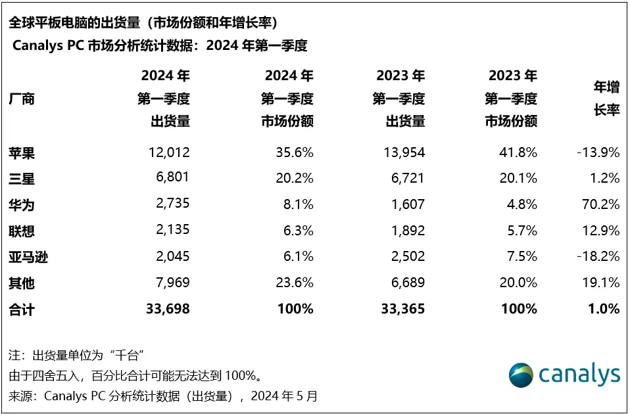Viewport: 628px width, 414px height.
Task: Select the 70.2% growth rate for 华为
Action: coord(598,204)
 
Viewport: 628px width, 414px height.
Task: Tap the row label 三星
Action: coord(22,179)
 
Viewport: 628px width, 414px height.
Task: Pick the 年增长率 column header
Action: coord(606,99)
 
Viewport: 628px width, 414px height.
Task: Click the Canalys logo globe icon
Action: coord(521,375)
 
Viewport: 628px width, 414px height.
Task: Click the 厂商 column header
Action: coord(22,99)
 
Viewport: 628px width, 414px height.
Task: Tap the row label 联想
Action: coord(22,231)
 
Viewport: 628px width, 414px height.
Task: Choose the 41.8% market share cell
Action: coord(516,152)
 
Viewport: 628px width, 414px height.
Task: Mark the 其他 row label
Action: coord(22,283)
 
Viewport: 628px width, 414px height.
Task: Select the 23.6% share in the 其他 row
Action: coord(293,283)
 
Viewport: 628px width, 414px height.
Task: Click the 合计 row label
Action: coord(22,308)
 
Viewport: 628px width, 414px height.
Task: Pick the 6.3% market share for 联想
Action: coord(297,231)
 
